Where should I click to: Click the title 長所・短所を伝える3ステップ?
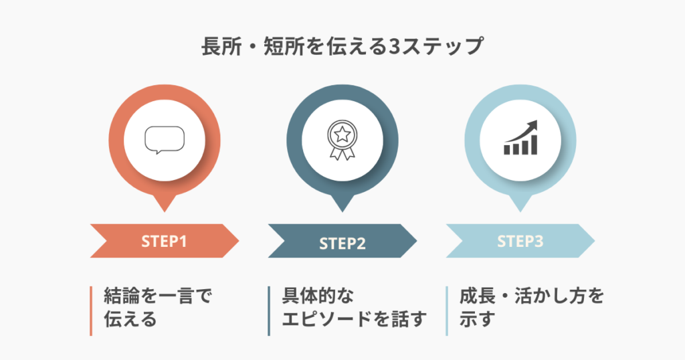click(x=342, y=48)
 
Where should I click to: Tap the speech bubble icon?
click(x=164, y=140)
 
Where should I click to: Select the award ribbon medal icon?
click(x=342, y=140)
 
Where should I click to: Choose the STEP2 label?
click(x=342, y=243)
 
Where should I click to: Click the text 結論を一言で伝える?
click(x=157, y=307)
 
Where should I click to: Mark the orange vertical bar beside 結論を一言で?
click(x=91, y=310)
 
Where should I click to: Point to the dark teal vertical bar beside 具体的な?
click(x=269, y=310)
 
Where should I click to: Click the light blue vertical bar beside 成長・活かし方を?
click(x=447, y=310)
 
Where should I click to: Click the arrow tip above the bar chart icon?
click(x=536, y=124)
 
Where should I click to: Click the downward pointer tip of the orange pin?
click(x=164, y=210)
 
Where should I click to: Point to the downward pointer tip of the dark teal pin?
click(x=342, y=210)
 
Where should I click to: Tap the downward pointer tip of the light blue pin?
click(x=520, y=210)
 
